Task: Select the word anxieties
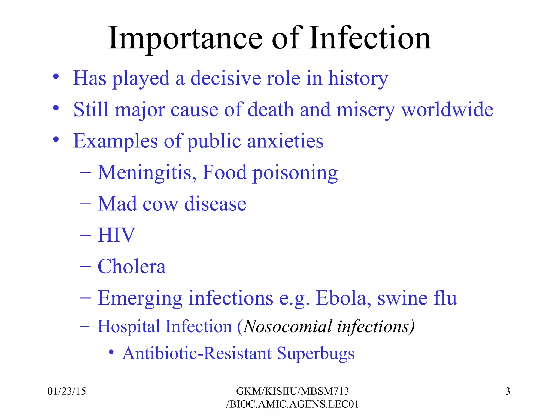[x=285, y=141]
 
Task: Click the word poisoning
[x=295, y=173]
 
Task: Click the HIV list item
[x=116, y=235]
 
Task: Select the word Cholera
[x=132, y=266]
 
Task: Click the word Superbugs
[x=316, y=354]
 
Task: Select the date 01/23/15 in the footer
[x=66, y=391]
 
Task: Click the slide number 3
[x=507, y=391]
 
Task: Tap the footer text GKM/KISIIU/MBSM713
[x=292, y=391]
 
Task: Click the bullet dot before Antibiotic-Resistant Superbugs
[x=111, y=352]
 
